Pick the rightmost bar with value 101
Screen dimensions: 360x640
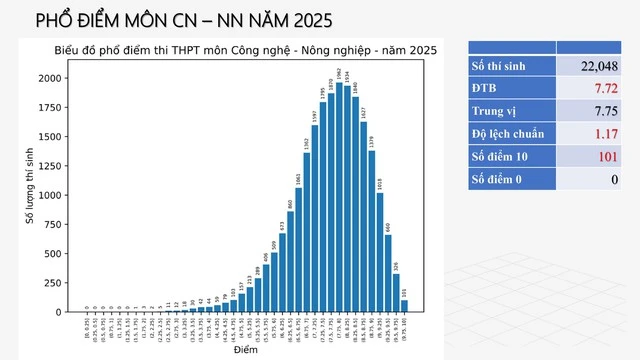pyautogui.click(x=404, y=306)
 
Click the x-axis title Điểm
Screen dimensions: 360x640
pyautogui.click(x=244, y=350)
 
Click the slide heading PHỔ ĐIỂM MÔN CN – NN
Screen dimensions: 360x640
pyautogui.click(x=184, y=21)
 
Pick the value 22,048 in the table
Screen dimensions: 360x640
pyautogui.click(x=598, y=66)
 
